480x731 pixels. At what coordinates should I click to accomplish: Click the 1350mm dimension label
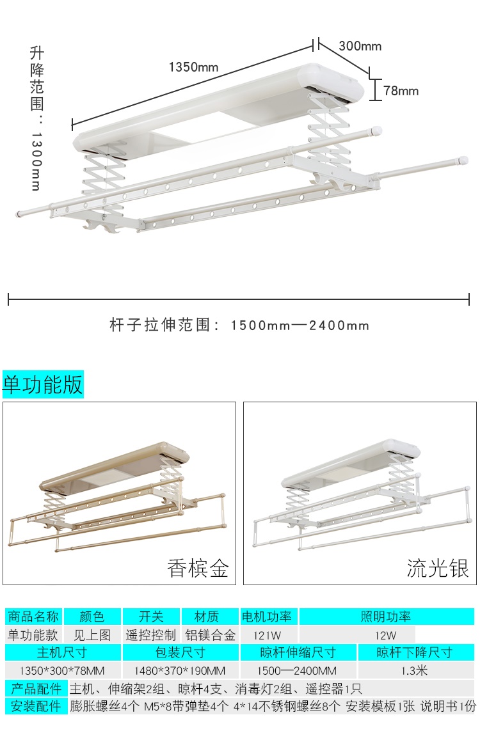point(193,67)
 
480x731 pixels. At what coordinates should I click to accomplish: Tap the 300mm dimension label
point(360,45)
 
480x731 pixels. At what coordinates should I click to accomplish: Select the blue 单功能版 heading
point(43,384)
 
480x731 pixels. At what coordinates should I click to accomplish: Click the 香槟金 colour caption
point(198,568)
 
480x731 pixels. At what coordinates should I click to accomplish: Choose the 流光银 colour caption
point(437,568)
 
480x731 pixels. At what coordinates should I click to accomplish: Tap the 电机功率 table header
point(266,617)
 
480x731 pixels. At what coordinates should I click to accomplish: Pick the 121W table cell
point(267,635)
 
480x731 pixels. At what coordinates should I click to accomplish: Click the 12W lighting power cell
point(385,635)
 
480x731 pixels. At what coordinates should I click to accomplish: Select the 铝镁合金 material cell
point(210,634)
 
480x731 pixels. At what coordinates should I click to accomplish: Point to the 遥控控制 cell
point(150,634)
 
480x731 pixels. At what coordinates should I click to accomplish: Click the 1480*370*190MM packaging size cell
point(180,670)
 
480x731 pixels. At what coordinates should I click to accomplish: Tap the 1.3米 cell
point(414,670)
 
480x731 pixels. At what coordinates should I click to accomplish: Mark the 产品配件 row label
point(36,688)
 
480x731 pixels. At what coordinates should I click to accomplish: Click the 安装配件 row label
point(36,706)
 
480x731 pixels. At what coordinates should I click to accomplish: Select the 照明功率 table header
point(385,617)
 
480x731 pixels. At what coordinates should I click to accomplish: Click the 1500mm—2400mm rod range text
point(300,325)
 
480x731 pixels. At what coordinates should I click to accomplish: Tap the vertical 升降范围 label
point(37,118)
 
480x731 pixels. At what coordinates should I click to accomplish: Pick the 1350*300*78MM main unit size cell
point(62,670)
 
